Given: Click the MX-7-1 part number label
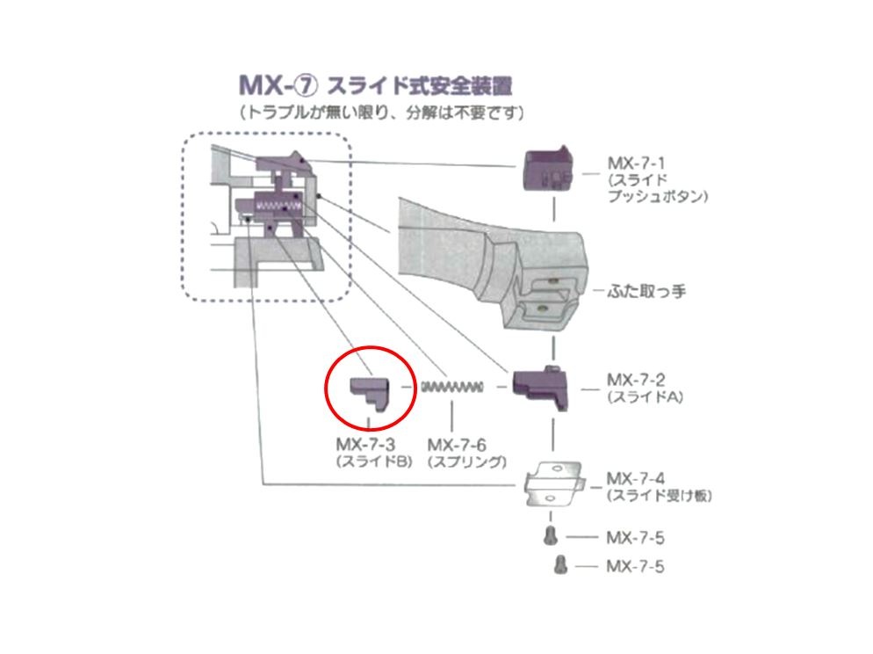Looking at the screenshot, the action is click(636, 163).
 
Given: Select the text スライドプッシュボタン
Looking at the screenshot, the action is click(658, 188).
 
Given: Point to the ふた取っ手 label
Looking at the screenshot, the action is click(646, 291).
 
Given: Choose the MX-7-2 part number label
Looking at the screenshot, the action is click(636, 380).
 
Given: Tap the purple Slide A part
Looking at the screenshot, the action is click(541, 389).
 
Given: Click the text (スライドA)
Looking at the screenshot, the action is click(645, 397).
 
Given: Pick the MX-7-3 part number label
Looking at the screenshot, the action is click(365, 445).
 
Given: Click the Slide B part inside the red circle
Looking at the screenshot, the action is click(370, 393).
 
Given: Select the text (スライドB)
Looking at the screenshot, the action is click(374, 461).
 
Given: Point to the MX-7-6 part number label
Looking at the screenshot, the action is click(457, 445).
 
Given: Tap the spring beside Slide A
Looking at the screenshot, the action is click(451, 387).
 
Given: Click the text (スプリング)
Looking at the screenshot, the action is click(467, 461).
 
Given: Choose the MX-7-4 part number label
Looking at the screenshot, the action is click(636, 478).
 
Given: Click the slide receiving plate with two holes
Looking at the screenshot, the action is click(554, 483).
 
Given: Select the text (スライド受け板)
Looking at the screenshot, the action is click(660, 495).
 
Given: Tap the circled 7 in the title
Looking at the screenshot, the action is click(306, 85).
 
